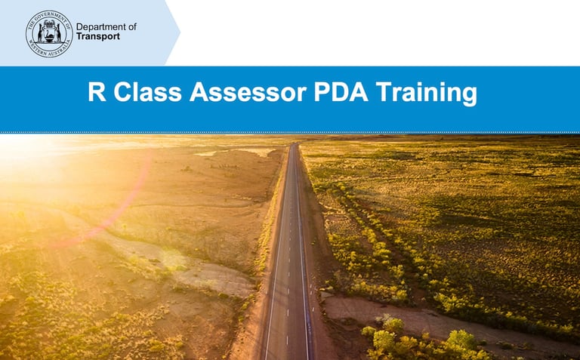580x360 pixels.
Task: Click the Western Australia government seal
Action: pos(49,34)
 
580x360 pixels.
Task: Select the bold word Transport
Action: pos(98,36)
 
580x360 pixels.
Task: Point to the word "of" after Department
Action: pos(132,26)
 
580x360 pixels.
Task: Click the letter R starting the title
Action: pos(97,91)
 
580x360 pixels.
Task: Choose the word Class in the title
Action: pos(147,91)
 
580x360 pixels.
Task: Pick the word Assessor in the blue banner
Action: pos(248,91)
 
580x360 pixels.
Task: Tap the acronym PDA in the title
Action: pos(341,91)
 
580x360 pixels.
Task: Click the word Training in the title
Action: pos(427,94)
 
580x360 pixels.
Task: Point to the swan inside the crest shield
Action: pos(49,36)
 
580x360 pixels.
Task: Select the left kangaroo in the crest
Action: pos(40,33)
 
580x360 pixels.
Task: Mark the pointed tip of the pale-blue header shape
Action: pos(180,32)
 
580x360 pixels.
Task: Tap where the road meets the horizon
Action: pos(293,144)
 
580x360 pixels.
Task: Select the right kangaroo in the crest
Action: pos(58,33)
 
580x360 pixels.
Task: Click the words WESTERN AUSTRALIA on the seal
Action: pos(49,51)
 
